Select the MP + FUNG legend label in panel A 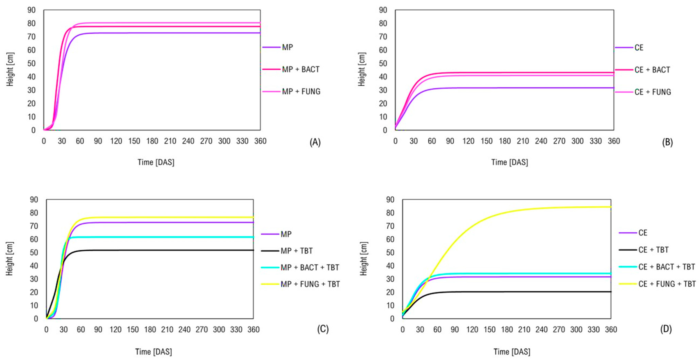(301, 92)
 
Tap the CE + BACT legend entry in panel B (652, 70)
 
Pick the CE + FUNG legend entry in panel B (653, 92)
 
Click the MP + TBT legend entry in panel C (296, 251)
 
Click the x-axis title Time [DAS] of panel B (510, 162)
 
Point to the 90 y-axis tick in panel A (32, 10)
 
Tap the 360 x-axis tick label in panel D (611, 330)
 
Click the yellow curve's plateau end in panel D (610, 207)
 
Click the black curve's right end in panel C (253, 250)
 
